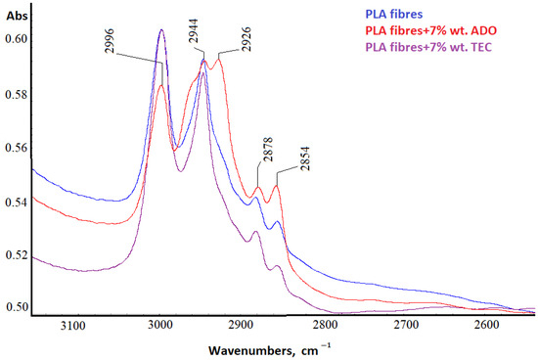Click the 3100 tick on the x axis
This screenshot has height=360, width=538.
tap(74, 326)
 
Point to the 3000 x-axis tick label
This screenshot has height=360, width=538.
tap(160, 326)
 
